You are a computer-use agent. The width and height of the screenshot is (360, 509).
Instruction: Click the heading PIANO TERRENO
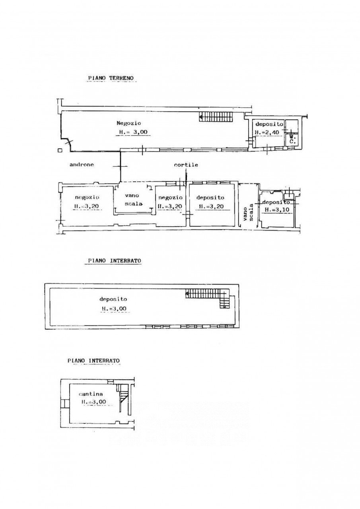[x=111, y=78]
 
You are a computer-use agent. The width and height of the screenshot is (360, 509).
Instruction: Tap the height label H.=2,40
[x=269, y=133]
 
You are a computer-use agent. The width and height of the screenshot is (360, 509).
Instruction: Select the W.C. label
[x=292, y=138]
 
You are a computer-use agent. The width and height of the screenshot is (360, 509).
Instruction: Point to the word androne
[x=82, y=164]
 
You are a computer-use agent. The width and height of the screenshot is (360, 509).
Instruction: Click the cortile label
[x=186, y=165]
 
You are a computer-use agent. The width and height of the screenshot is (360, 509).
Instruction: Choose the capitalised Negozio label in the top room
[x=128, y=123]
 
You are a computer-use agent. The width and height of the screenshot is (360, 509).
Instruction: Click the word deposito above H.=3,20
[x=210, y=197]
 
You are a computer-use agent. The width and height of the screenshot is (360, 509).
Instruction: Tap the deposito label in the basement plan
[x=113, y=299]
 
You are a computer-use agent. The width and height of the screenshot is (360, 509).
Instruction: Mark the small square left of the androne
[x=59, y=150]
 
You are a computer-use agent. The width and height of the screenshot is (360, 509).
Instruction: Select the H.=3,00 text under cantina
[x=93, y=402]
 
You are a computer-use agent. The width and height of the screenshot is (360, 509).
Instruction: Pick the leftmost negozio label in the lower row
[x=87, y=197]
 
